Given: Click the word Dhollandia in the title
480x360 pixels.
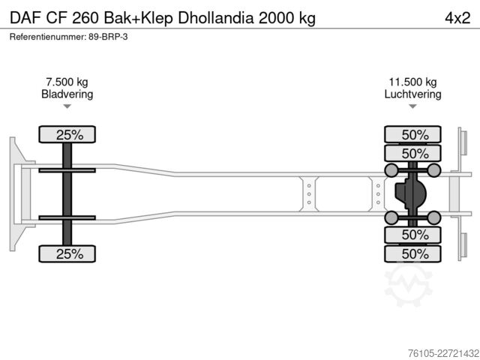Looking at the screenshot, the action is click(x=216, y=18).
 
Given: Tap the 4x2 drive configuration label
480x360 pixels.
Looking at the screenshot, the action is click(x=457, y=18).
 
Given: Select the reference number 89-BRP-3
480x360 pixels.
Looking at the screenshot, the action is click(x=108, y=37).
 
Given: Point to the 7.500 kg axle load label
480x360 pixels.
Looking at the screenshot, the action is click(x=67, y=82).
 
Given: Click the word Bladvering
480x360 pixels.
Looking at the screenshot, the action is click(x=67, y=94).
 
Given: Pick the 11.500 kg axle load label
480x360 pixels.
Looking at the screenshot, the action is click(x=412, y=82).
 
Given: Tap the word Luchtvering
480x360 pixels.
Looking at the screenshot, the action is click(x=412, y=94).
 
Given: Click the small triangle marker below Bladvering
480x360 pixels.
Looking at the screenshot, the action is click(x=67, y=106).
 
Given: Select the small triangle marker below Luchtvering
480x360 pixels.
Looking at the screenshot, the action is click(x=412, y=106).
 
